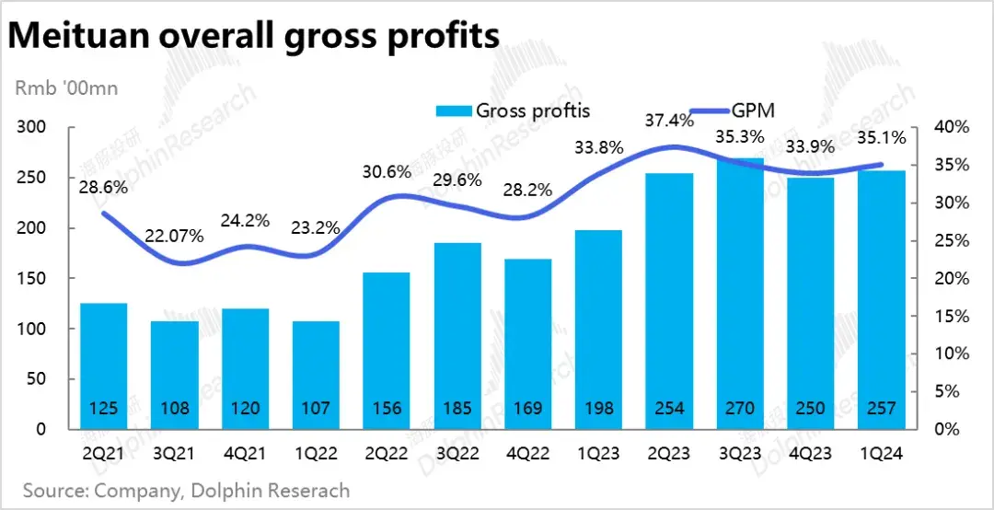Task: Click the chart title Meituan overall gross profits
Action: point(253,36)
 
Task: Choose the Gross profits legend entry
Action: point(513,110)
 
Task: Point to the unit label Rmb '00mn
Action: point(65,88)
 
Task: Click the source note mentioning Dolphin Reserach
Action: point(186,490)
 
